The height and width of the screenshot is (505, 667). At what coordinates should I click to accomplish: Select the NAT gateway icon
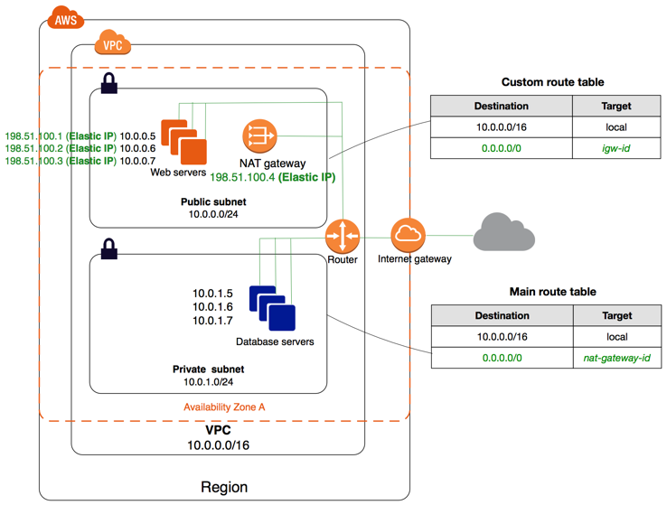coord(258,136)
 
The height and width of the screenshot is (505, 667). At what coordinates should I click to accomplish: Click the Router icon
coord(343,237)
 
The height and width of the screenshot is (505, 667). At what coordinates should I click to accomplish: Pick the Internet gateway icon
coord(408,236)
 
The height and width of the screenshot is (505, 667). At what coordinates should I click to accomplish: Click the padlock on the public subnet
coord(108,85)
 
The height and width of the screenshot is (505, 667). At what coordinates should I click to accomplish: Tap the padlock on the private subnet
coord(108,249)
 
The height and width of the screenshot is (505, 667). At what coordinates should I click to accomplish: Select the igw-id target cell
coord(615,148)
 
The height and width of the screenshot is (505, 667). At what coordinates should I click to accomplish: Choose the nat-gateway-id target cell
coord(616,359)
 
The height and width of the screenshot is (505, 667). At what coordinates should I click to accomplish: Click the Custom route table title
coord(552,81)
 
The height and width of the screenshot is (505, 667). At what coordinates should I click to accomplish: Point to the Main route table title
coord(552,292)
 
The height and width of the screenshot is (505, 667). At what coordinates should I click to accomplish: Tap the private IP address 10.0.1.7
coord(213,322)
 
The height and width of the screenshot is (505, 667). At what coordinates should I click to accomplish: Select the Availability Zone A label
coord(224,407)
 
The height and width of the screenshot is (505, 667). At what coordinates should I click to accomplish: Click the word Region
coord(224,487)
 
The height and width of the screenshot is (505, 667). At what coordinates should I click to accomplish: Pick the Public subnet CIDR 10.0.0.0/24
coord(213,214)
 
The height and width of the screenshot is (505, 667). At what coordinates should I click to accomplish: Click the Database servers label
coord(275,342)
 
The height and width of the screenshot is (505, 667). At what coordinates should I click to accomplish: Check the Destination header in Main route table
coord(502,316)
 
